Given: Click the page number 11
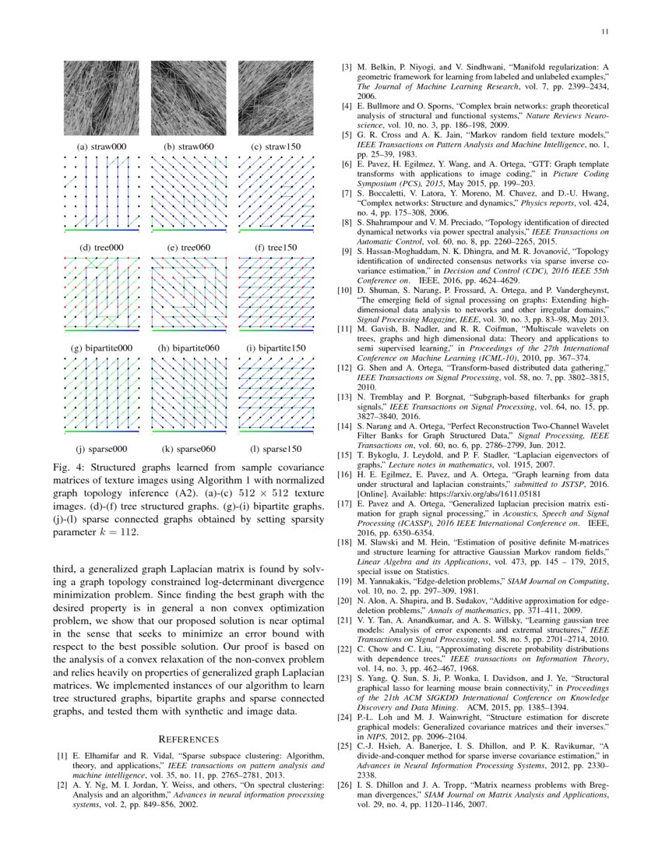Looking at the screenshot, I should (x=604, y=32).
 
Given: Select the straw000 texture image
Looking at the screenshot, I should (x=101, y=97).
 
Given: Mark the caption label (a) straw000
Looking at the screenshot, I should (x=101, y=146).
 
